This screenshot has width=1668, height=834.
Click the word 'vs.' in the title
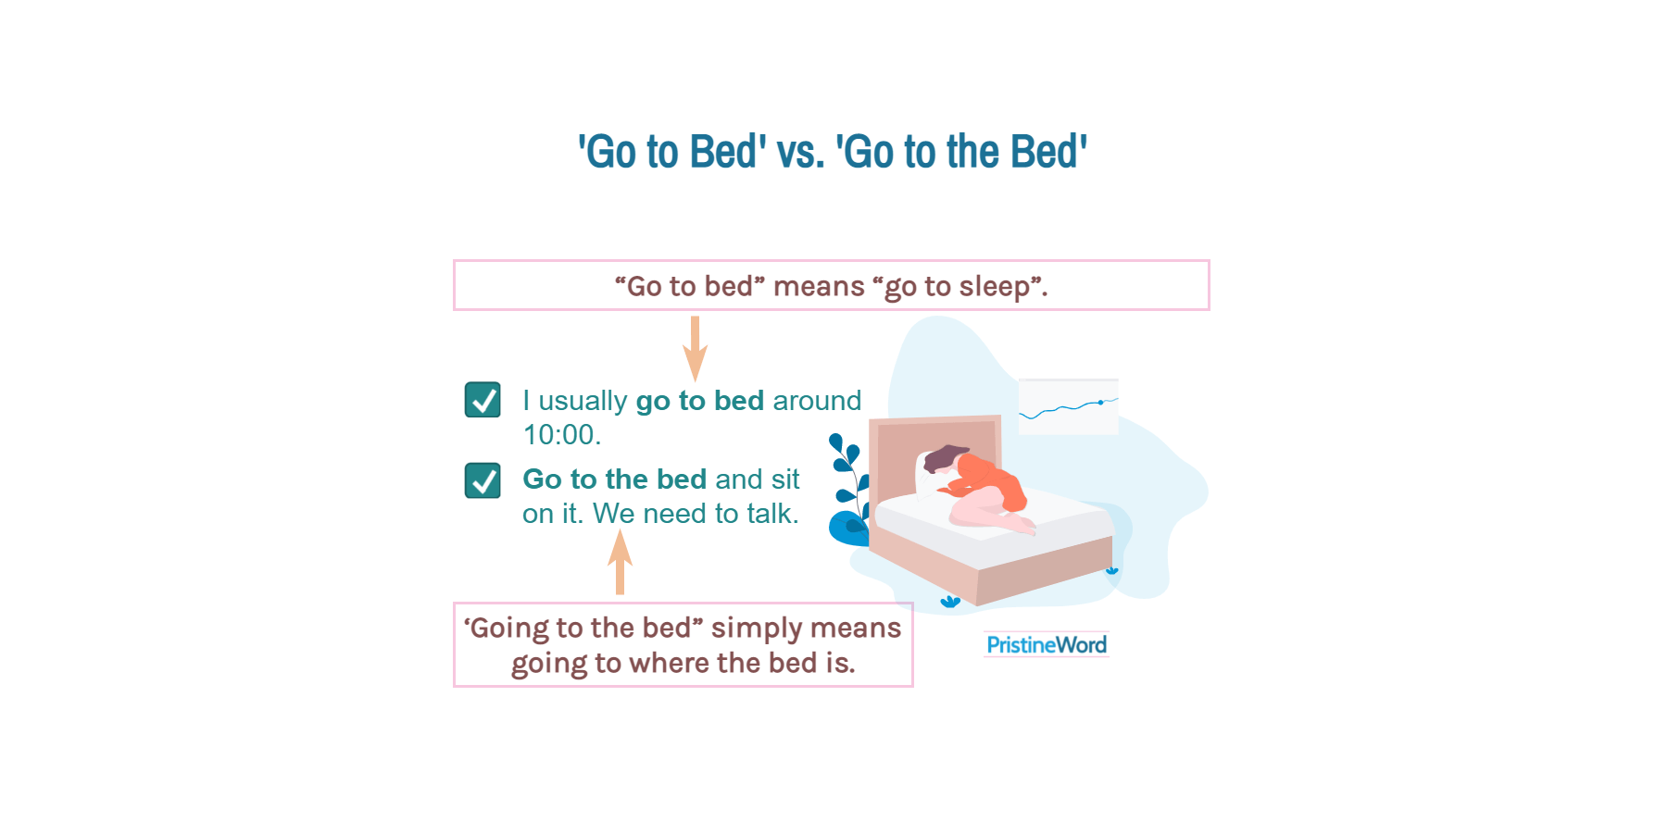(x=800, y=153)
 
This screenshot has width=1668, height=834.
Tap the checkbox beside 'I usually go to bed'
(x=483, y=400)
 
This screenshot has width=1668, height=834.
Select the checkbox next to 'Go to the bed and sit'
(x=483, y=480)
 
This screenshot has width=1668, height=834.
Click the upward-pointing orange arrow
(x=620, y=562)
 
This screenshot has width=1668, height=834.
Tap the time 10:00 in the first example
(x=560, y=434)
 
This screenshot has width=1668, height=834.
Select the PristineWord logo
(x=1047, y=644)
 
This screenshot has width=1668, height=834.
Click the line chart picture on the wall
(x=1068, y=406)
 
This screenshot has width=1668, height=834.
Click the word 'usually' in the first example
(x=583, y=401)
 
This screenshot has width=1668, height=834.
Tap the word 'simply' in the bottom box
(x=757, y=629)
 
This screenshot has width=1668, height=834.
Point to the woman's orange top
(x=996, y=481)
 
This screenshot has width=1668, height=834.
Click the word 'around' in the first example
(x=817, y=401)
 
